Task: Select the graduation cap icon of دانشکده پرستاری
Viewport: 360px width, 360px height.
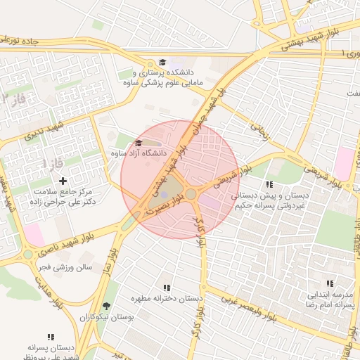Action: click(x=163, y=63)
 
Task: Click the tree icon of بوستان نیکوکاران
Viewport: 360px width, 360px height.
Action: click(x=106, y=306)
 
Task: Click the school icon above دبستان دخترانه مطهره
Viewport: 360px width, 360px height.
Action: click(x=167, y=288)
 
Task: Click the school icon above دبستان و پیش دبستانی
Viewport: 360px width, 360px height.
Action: click(x=269, y=184)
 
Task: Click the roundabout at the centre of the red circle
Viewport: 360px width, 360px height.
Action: click(x=191, y=193)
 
